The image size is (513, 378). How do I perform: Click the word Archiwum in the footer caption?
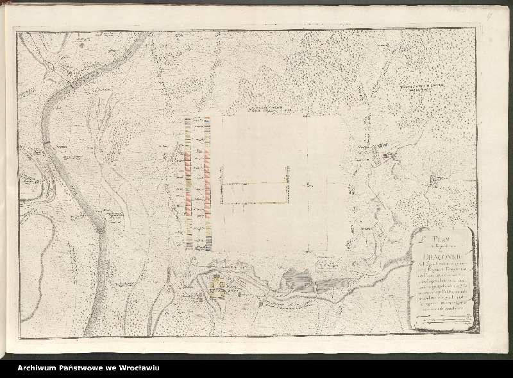[x=38, y=368]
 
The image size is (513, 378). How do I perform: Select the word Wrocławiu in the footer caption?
[x=139, y=368]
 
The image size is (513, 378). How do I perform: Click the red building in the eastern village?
[x=385, y=155]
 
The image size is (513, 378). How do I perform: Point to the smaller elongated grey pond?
[x=333, y=282]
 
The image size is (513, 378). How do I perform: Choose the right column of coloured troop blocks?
[x=208, y=183]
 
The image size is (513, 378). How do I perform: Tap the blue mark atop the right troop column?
[x=208, y=121]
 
